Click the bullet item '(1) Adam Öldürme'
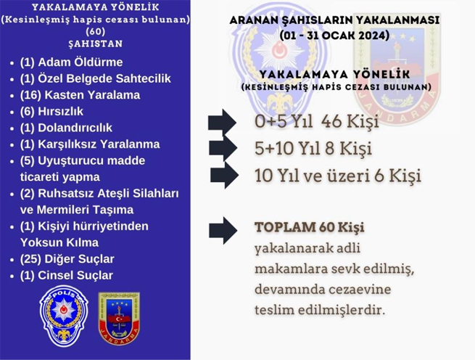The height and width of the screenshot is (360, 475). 71,62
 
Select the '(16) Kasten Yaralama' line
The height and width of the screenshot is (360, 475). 80,95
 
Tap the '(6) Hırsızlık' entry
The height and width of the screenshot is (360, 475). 51,112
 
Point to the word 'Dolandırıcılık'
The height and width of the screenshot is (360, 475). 75,128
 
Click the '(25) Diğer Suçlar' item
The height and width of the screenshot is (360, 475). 67,259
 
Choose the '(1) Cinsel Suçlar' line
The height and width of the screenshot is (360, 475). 66,275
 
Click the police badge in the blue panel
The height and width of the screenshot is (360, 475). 64,316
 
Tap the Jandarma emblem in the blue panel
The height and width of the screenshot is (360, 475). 119,318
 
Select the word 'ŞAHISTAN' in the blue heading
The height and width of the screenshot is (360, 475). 96,44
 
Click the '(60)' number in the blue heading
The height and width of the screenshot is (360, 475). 96,31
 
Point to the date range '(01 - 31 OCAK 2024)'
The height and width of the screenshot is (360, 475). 334,36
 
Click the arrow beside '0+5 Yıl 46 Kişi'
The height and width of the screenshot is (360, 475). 222,123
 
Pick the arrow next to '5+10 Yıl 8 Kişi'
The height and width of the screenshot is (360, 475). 223,149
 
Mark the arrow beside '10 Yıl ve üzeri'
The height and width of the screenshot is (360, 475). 225,176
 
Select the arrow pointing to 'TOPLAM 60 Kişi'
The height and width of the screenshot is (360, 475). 223,231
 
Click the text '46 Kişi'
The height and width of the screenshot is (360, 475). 350,122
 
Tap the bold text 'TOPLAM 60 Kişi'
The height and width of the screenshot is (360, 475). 310,227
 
